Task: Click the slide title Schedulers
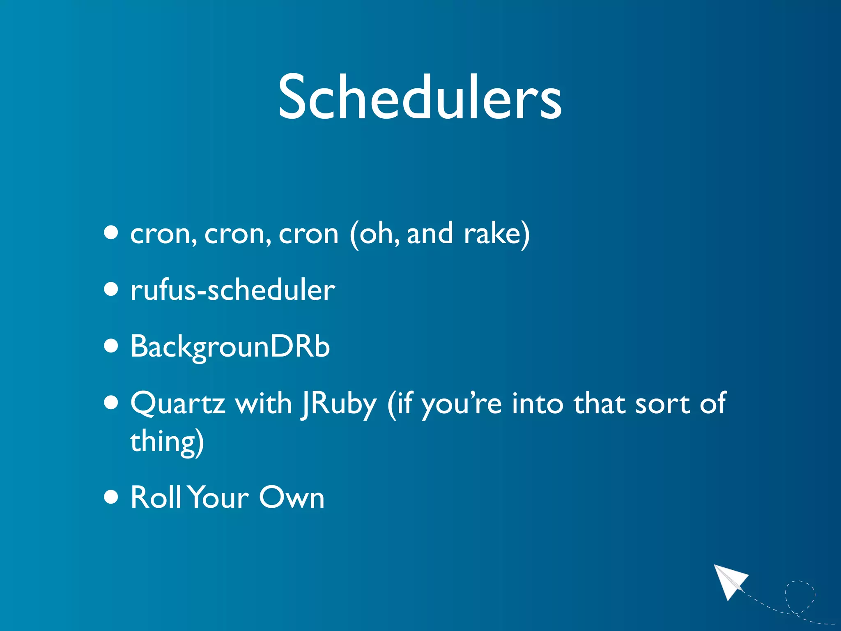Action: click(x=420, y=98)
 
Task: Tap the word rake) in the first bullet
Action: click(x=496, y=234)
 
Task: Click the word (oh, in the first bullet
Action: click(x=375, y=234)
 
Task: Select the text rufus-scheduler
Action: click(x=232, y=290)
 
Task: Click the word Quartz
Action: click(x=177, y=403)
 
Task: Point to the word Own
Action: click(x=292, y=497)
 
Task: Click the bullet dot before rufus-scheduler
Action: click(x=111, y=289)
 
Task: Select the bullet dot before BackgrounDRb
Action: click(x=111, y=346)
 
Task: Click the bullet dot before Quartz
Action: click(x=111, y=403)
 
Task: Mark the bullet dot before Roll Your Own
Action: click(x=111, y=496)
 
